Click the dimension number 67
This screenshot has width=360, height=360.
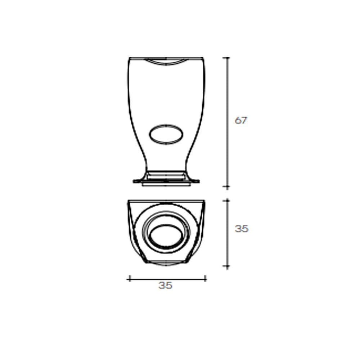[x=240, y=120]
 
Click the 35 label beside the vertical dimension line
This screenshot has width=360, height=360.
[x=242, y=229]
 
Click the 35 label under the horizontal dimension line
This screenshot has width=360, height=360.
[x=165, y=285]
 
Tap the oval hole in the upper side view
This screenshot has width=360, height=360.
[x=166, y=135]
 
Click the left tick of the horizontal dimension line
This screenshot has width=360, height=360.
[x=130, y=279]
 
